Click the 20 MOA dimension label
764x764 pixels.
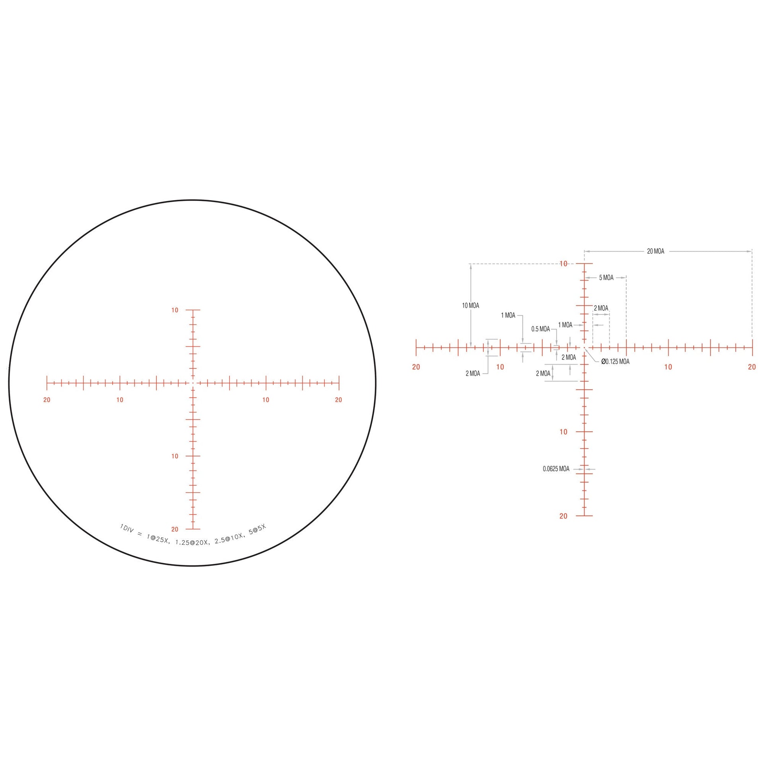655,251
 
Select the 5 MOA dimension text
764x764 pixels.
606,278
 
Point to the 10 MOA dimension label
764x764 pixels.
470,306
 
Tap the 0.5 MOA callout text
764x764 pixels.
540,329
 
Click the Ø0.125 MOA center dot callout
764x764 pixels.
615,362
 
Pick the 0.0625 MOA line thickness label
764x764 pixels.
556,469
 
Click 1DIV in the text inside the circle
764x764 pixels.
127,529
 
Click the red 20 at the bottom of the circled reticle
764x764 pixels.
175,529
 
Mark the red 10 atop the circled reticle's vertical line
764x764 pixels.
175,310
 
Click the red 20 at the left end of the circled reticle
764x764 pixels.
47,400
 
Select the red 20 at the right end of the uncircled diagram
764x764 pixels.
752,367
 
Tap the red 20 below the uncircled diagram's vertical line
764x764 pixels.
563,516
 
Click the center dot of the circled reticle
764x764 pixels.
193,383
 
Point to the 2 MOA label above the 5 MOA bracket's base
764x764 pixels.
601,308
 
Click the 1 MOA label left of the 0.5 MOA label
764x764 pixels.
508,316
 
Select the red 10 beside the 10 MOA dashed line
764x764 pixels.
563,264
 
